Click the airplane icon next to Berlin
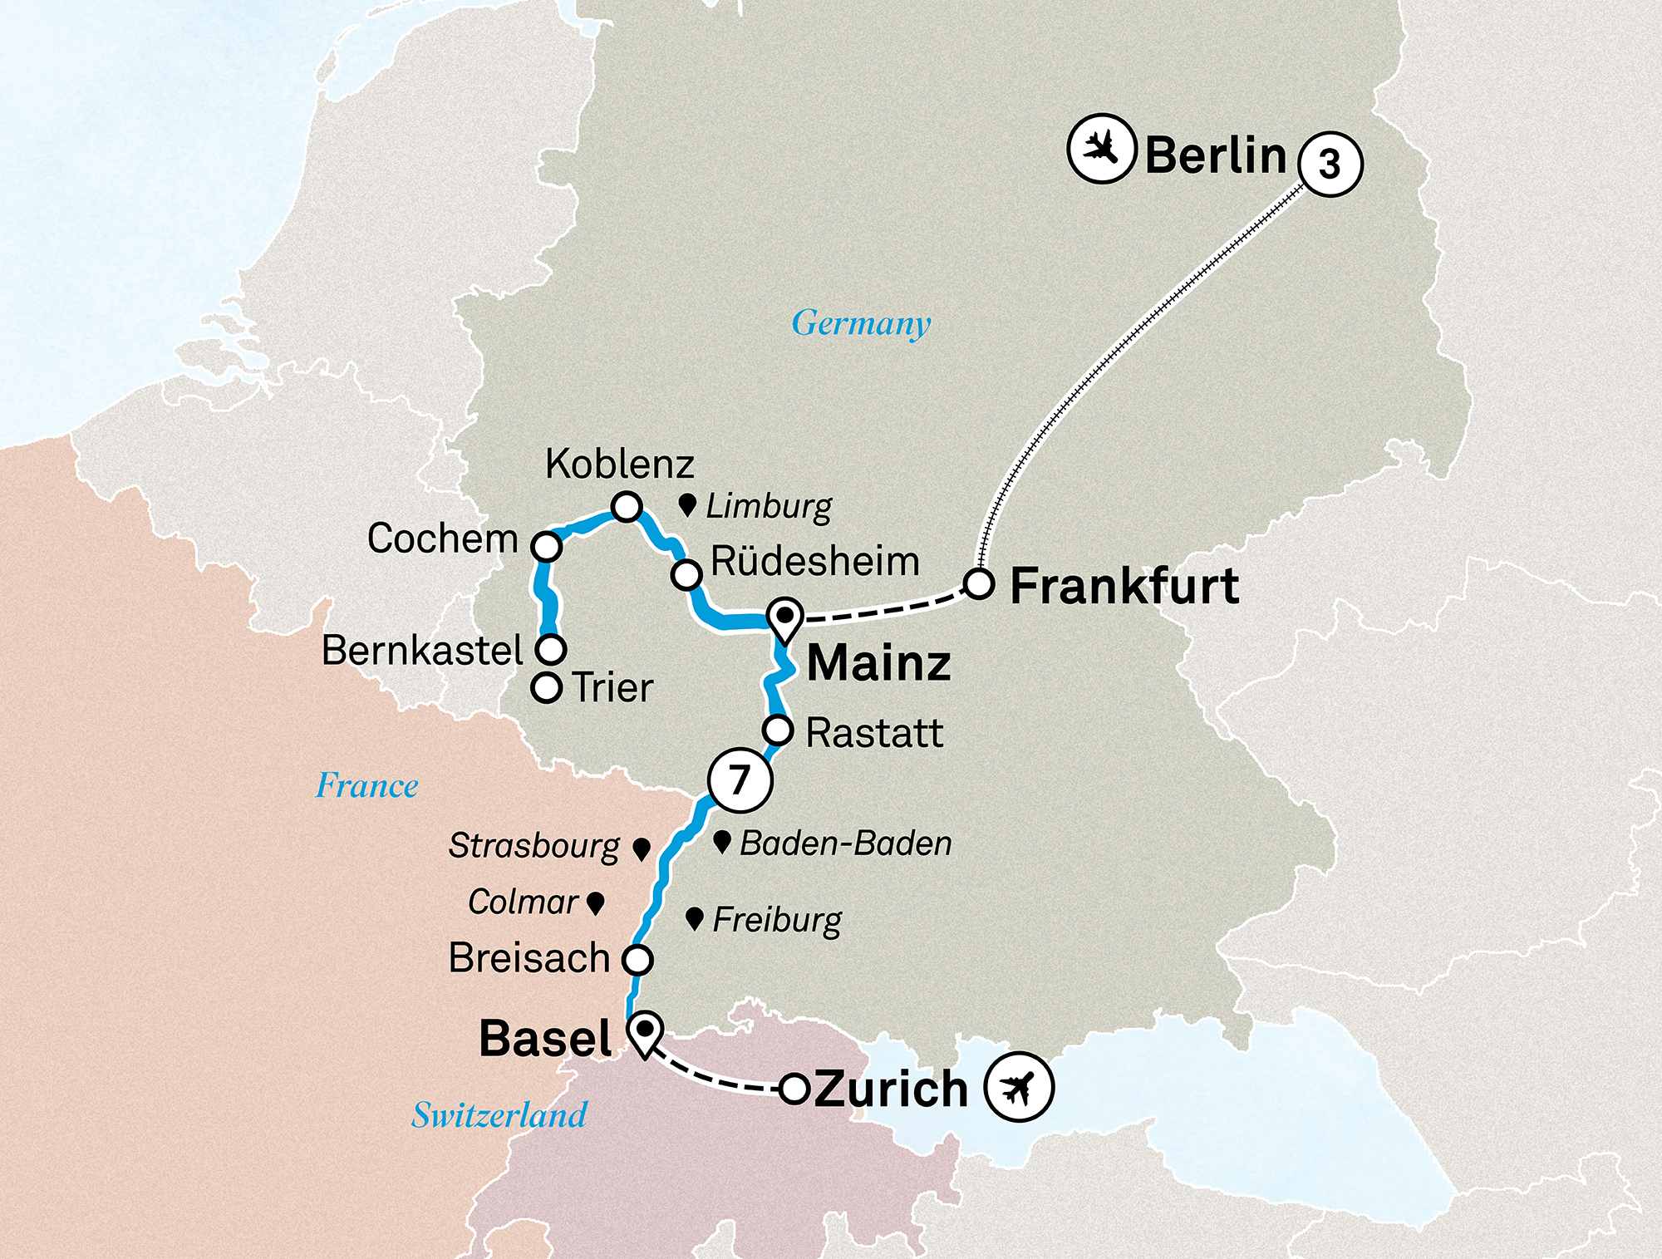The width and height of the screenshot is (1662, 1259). pyautogui.click(x=1101, y=150)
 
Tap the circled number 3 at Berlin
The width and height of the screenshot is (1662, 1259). pyautogui.click(x=1330, y=164)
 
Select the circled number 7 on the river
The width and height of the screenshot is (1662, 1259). pyautogui.click(x=740, y=779)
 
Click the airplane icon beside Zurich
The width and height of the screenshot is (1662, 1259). pyautogui.click(x=1019, y=1087)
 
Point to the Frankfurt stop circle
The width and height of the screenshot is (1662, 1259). pyautogui.click(x=979, y=584)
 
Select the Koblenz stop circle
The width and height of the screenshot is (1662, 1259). pyautogui.click(x=626, y=506)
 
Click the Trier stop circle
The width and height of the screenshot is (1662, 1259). pyautogui.click(x=546, y=688)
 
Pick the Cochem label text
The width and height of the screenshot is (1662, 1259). pyautogui.click(x=442, y=539)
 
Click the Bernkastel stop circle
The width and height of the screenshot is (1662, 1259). pyautogui.click(x=551, y=648)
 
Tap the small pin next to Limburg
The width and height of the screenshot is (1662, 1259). pyautogui.click(x=687, y=504)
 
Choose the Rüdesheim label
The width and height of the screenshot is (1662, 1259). pyautogui.click(x=814, y=562)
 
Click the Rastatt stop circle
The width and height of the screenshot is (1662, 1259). pyautogui.click(x=778, y=730)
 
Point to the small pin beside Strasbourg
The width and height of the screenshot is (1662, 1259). pyautogui.click(x=641, y=848)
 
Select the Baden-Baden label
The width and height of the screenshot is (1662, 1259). pyautogui.click(x=845, y=843)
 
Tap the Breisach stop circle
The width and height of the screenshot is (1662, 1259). pyautogui.click(x=637, y=960)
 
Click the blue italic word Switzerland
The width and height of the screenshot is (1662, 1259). pyautogui.click(x=499, y=1115)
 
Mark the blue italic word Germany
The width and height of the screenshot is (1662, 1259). pyautogui.click(x=861, y=323)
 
